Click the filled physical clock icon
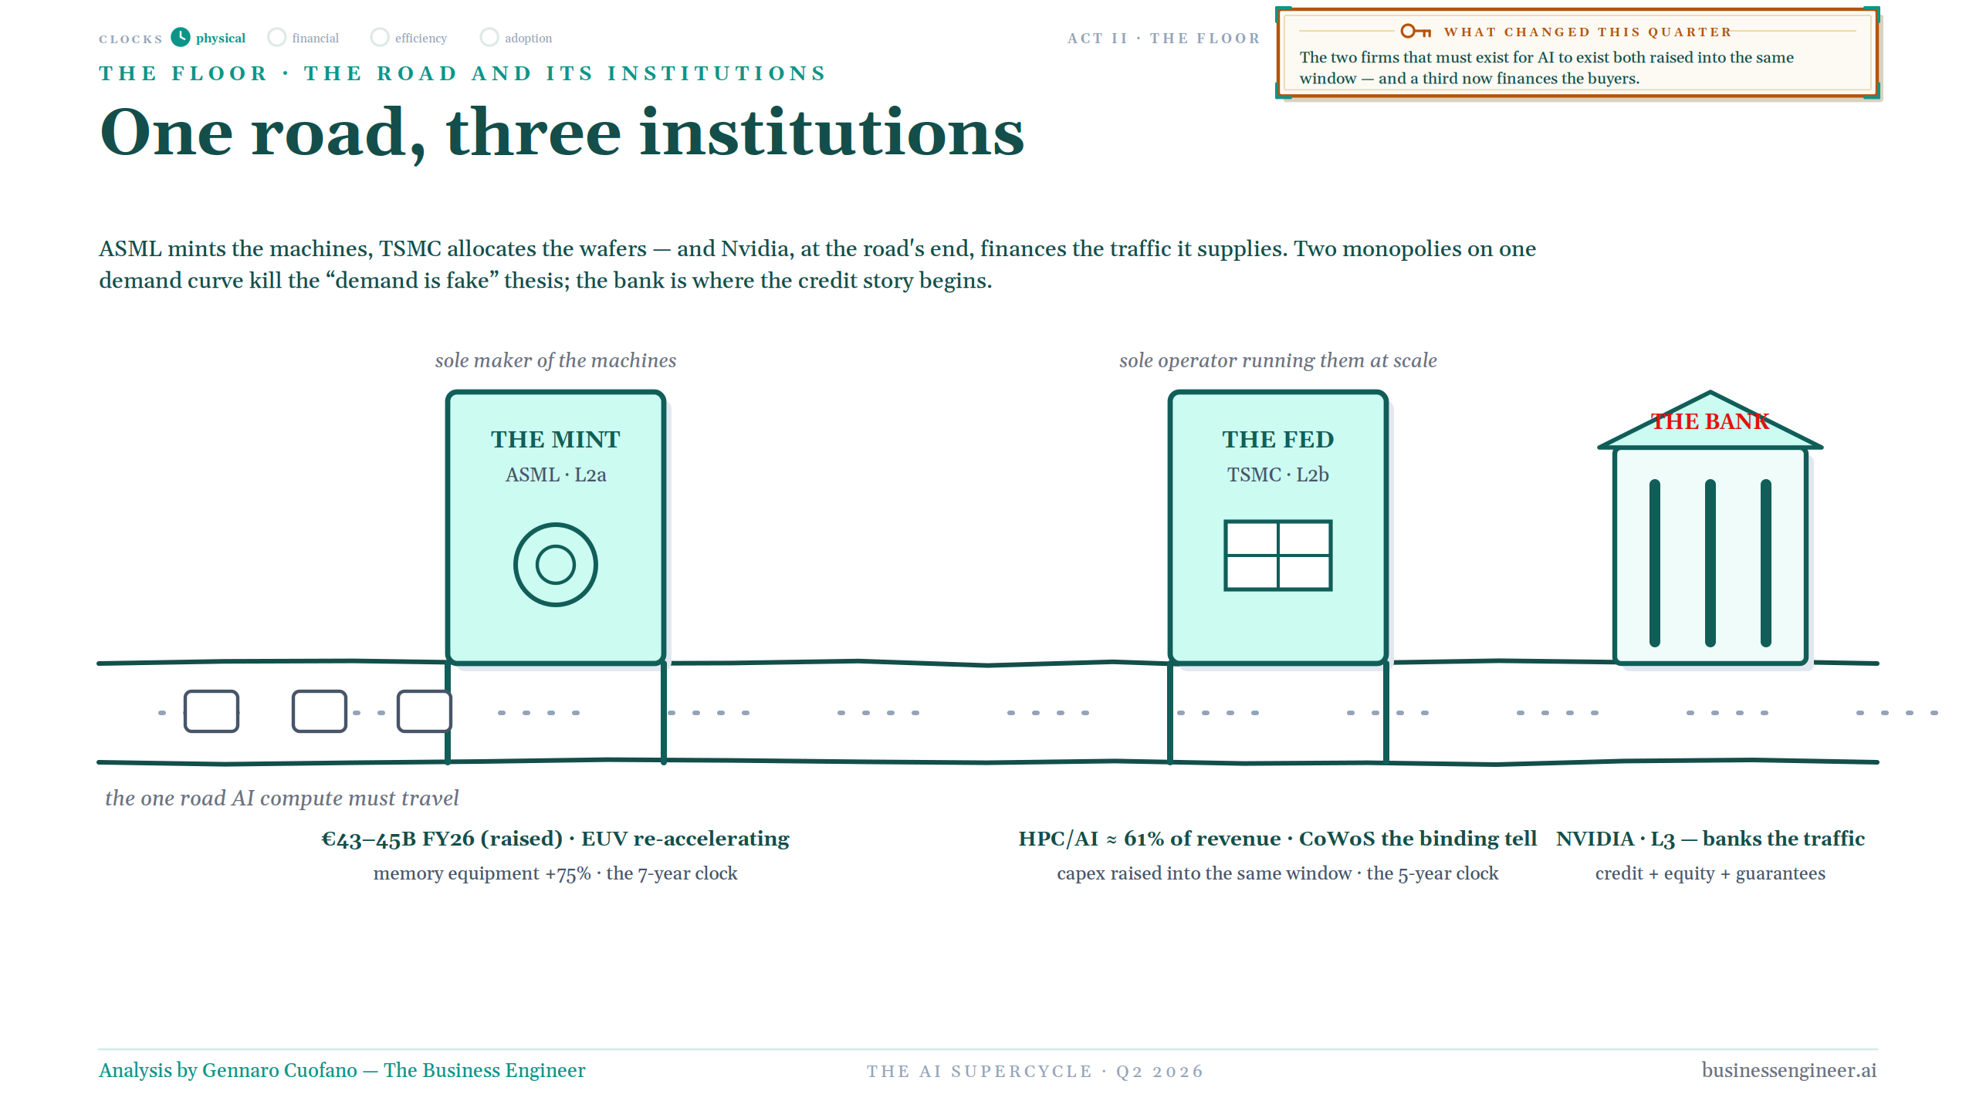(181, 37)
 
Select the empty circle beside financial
(276, 37)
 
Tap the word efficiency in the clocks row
(421, 39)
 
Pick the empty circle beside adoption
(489, 37)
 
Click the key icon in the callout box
(1416, 31)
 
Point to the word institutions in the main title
(832, 133)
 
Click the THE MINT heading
(556, 439)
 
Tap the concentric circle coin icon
(556, 565)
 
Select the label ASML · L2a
(556, 474)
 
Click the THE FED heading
(1278, 439)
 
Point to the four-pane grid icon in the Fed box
(1278, 555)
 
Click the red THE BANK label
(1710, 421)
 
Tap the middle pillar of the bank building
(1710, 563)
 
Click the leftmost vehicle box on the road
(211, 711)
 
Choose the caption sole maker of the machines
(556, 360)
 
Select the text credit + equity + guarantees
(1710, 873)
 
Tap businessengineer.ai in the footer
(1789, 1070)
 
